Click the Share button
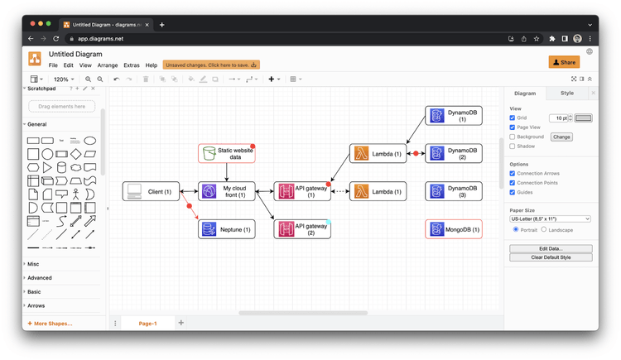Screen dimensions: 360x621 click(564, 62)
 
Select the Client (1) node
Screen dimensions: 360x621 click(151, 192)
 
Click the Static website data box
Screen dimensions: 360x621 click(227, 154)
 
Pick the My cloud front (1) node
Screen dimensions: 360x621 click(227, 192)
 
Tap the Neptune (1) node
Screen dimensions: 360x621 click(227, 229)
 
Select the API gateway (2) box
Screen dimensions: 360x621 click(303, 229)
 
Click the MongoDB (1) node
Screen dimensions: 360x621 click(454, 229)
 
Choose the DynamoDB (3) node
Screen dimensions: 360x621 click(454, 192)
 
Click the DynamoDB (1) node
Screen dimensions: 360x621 click(454, 116)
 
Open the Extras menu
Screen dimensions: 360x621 click(132, 65)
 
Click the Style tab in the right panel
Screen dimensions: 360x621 click(566, 94)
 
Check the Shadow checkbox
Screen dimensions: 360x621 click(513, 146)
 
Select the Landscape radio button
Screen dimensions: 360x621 click(544, 230)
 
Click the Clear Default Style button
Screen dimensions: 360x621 click(551, 257)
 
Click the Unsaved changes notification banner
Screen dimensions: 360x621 click(211, 65)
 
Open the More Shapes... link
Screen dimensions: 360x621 click(51, 324)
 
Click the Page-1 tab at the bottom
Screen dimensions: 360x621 click(147, 324)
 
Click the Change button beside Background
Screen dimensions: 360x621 click(561, 137)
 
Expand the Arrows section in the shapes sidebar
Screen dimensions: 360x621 click(36, 305)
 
